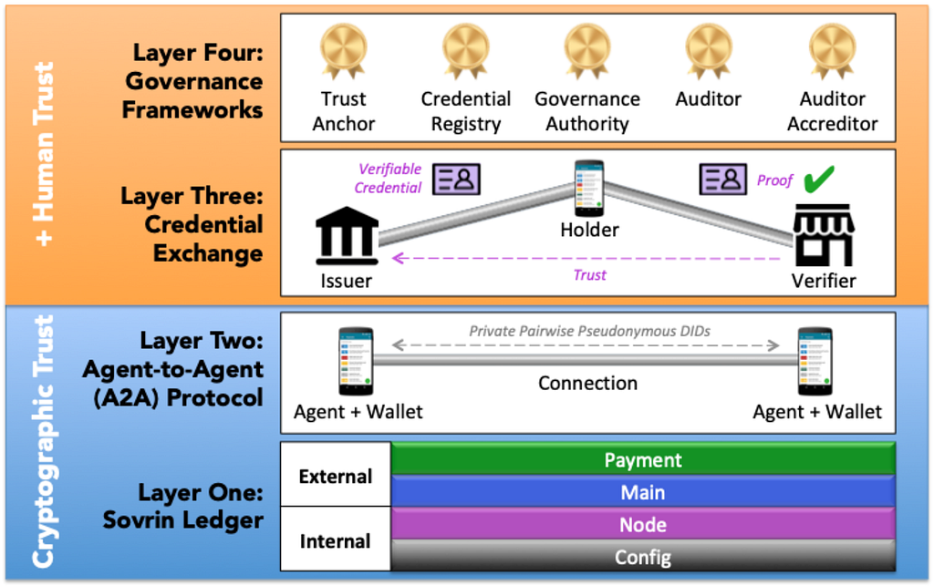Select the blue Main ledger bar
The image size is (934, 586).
pos(643,491)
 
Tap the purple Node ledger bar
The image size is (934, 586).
pos(643,523)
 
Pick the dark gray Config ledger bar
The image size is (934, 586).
pos(643,556)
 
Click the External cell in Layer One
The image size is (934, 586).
pos(336,475)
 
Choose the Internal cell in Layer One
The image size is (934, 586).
pos(336,540)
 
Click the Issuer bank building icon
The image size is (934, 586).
pos(347,236)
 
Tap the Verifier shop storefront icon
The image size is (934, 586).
pos(824,234)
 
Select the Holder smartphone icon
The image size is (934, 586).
pos(589,188)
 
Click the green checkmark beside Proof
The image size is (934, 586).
pos(819,179)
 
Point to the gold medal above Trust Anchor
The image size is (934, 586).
pos(343,51)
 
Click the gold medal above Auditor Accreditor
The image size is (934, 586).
pos(832,51)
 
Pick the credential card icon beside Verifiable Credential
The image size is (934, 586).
pos(456,179)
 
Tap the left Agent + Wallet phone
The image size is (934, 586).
pos(356,361)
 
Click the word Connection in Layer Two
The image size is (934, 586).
pos(588,383)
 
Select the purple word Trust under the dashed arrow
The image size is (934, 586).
pos(590,275)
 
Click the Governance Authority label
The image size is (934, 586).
pos(587,111)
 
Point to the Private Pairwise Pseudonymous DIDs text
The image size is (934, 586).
pos(590,332)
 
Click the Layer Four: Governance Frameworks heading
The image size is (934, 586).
pos(193,81)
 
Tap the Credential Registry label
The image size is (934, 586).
pos(466,111)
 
